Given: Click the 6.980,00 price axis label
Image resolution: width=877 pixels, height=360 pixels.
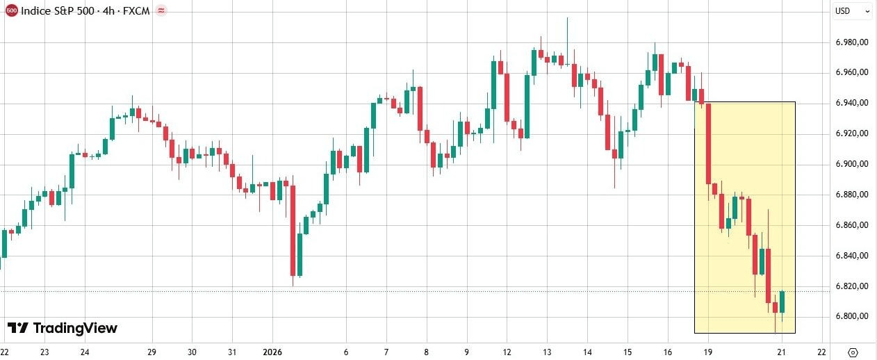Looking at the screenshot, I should pos(854,42).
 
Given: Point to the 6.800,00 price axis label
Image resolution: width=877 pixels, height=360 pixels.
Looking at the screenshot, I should pos(854,316).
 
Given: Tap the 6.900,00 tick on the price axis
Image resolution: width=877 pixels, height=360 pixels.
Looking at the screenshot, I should pos(854,164).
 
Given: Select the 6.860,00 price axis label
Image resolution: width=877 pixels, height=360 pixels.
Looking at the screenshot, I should pos(854,225).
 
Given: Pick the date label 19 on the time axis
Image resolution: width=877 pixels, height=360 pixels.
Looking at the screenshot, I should pos(708,352).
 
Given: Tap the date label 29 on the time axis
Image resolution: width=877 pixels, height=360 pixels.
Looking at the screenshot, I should pos(152,352).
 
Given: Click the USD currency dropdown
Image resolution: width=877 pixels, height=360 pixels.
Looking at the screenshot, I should pos(852,11).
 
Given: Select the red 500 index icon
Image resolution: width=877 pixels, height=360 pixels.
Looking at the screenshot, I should pos(11,11).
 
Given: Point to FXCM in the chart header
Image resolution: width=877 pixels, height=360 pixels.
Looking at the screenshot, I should pos(136,11).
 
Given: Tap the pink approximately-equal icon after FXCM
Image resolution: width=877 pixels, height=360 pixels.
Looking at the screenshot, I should pos(162,11).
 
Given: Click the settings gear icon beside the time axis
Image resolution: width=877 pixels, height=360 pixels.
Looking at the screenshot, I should pos(853,352).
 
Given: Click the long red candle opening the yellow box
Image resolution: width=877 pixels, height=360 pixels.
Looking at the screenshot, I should pos(709,143).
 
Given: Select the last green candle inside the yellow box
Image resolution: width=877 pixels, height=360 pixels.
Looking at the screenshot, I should pos(782,302).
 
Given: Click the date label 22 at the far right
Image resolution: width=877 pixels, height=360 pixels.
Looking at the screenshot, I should pos(822,352).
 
